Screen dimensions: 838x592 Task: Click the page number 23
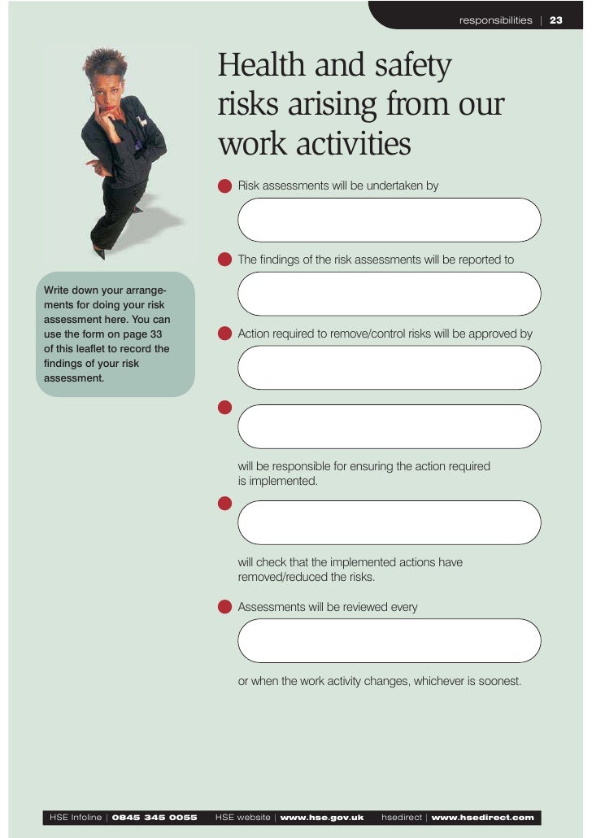click(x=556, y=20)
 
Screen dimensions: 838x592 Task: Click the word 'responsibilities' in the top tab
click(x=495, y=20)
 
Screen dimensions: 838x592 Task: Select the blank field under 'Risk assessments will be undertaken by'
click(x=389, y=220)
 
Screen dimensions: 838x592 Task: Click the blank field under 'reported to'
click(x=389, y=294)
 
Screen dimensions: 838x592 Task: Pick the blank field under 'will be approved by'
click(x=389, y=368)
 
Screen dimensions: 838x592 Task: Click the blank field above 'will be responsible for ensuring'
click(x=389, y=427)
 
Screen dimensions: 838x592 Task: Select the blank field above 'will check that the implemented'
click(x=389, y=522)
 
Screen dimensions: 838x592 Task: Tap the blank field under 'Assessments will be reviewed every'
click(x=389, y=641)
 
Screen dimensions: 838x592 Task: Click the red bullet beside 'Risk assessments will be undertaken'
click(x=225, y=186)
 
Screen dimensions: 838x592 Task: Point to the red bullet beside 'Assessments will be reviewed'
click(x=225, y=607)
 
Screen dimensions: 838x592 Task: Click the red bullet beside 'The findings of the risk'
click(x=225, y=260)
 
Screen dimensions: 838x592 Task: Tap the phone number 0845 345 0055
click(x=155, y=818)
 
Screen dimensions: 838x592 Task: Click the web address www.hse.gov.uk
click(x=322, y=818)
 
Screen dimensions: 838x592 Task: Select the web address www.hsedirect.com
click(x=482, y=818)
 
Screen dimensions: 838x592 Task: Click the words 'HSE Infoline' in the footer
click(x=76, y=818)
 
